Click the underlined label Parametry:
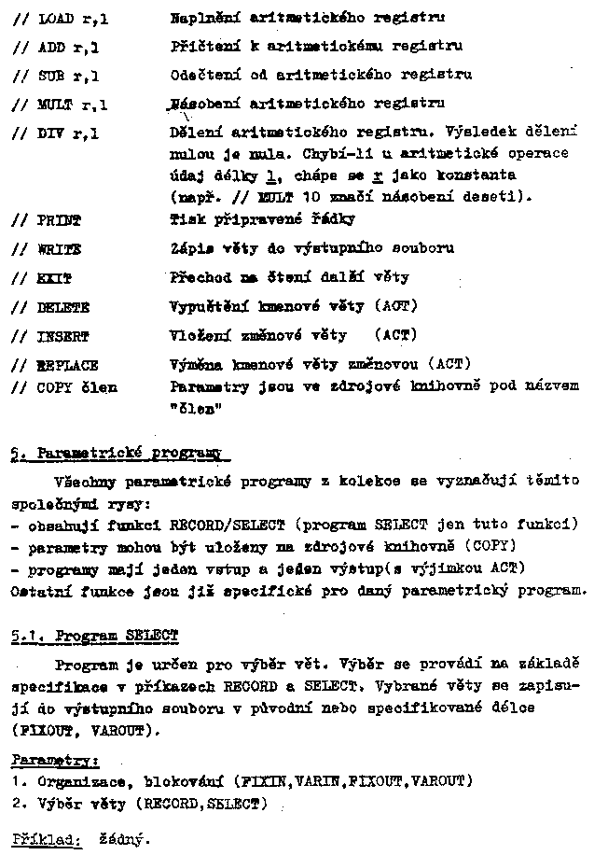[x=43, y=760]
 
